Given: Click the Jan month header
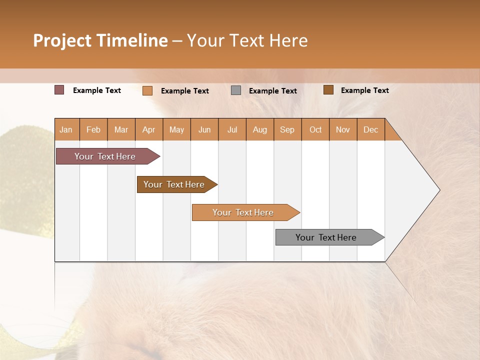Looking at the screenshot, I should point(66,129).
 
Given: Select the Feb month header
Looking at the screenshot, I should point(93,129).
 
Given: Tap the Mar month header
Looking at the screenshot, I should point(121,129).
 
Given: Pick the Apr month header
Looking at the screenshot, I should point(149,129).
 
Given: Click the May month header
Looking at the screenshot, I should point(176,129).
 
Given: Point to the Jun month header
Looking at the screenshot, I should point(204,129).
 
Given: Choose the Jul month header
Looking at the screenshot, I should point(232,129).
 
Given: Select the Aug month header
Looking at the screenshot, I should point(260,129).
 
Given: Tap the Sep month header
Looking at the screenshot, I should point(287,129).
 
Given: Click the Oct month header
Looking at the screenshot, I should point(315,129).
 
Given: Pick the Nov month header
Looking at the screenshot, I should point(343,129).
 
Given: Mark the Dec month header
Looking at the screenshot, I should point(370,129).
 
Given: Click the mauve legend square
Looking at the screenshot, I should point(59,90).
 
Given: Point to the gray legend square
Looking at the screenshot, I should point(236,90).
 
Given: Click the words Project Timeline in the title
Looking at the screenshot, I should point(100,40).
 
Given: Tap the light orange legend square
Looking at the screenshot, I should point(147,90).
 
